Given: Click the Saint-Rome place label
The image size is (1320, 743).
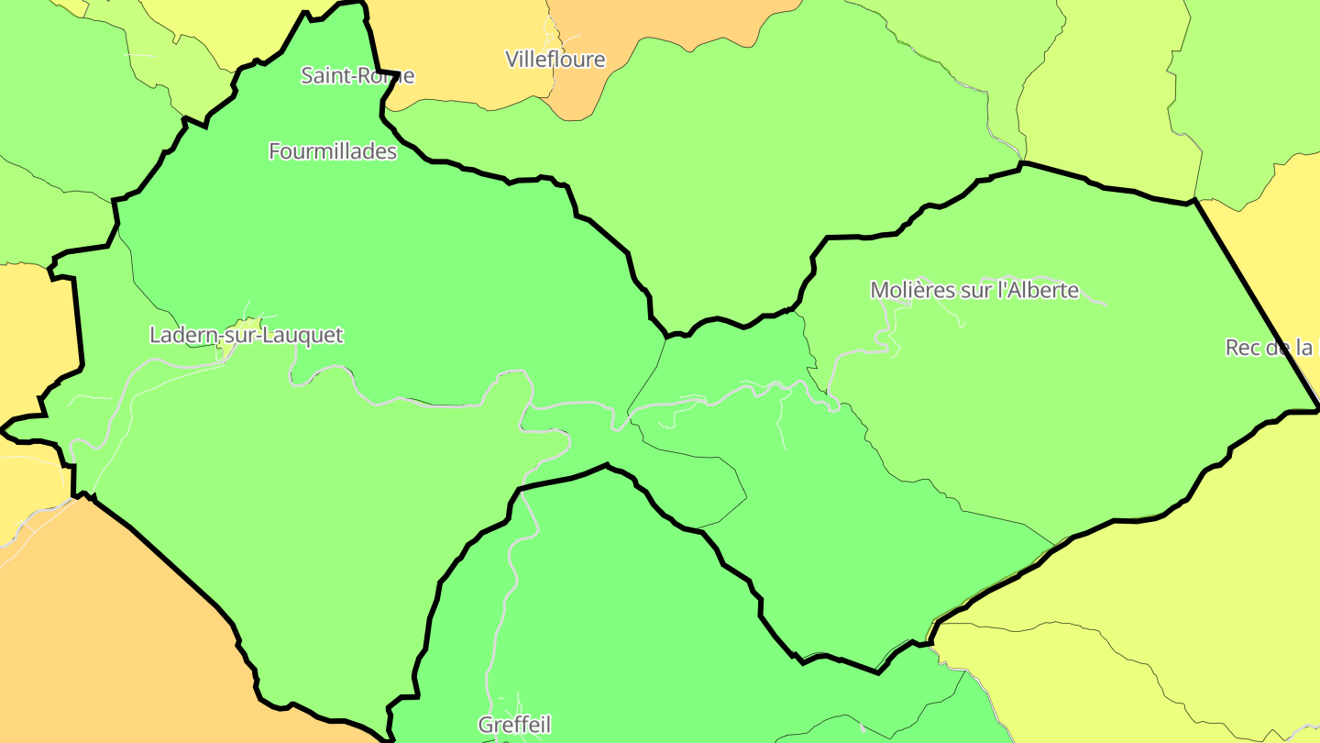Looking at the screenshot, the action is click(357, 76).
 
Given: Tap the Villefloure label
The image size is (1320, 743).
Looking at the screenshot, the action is click(555, 60).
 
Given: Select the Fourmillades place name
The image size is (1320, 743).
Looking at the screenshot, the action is click(333, 151).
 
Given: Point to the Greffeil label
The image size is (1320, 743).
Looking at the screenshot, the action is click(514, 726).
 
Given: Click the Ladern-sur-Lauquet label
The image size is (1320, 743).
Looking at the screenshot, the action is click(246, 335).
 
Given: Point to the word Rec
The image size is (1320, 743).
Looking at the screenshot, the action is click(1242, 348).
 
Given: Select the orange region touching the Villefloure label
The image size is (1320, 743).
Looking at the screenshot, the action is click(587, 92).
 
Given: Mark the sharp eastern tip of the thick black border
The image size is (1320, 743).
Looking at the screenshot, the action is click(1317, 409).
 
